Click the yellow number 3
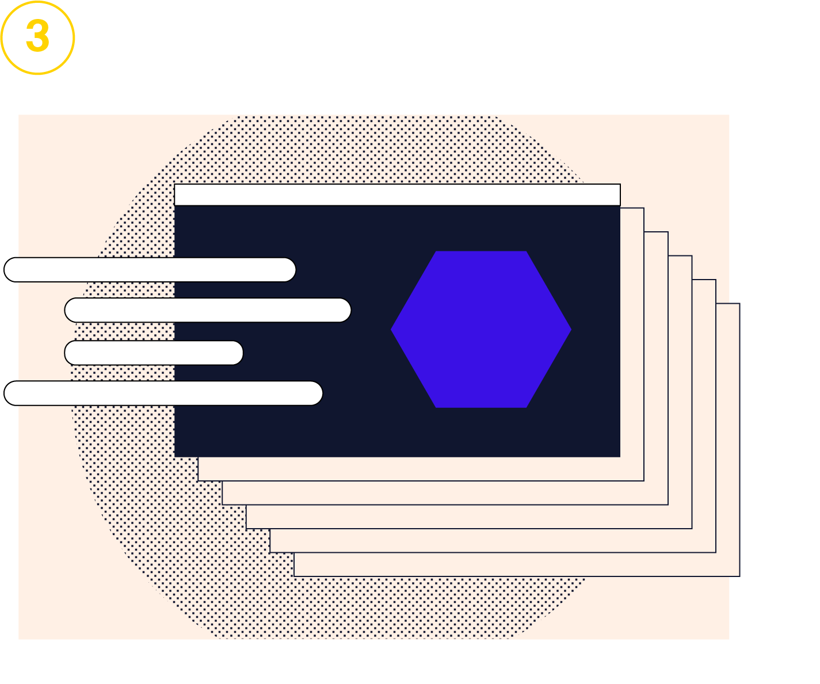(38, 36)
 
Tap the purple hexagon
(481, 330)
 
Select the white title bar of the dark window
(397, 195)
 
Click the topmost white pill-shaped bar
(150, 270)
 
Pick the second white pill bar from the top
(208, 311)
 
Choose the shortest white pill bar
(154, 353)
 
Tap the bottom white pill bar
(163, 393)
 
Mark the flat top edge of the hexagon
(481, 253)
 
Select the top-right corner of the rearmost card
(739, 304)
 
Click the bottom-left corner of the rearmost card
(295, 575)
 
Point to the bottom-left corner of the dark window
(176, 456)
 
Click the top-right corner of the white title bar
(619, 185)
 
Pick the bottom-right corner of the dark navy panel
(619, 456)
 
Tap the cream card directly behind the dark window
(632, 345)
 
